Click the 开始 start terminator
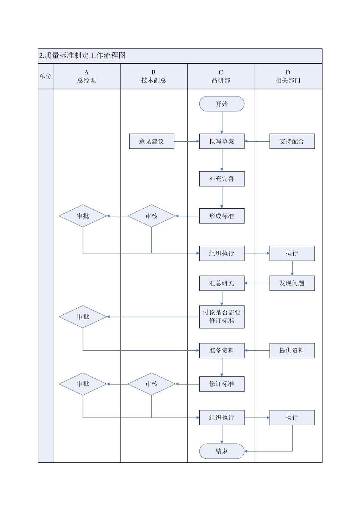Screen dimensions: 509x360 click(222, 104)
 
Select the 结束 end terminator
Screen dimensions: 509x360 click(222, 451)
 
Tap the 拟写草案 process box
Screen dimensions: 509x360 click(222, 141)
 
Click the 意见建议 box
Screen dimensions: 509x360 click(152, 141)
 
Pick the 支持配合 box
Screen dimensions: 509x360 click(292, 141)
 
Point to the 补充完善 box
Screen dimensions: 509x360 click(222, 179)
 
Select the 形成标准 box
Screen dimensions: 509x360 click(222, 216)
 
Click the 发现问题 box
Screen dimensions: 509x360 click(292, 283)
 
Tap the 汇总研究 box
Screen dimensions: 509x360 click(222, 283)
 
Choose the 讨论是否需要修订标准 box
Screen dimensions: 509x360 click(222, 317)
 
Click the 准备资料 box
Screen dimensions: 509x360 click(222, 350)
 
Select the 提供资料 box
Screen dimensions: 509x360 click(292, 350)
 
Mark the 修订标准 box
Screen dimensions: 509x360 click(222, 384)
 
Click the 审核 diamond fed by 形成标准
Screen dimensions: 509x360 click(152, 216)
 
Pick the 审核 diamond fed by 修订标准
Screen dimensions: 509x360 click(152, 384)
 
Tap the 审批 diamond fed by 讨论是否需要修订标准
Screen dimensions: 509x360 click(83, 317)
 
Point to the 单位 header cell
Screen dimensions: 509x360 click(45, 77)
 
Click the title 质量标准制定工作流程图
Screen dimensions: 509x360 click(82, 56)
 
